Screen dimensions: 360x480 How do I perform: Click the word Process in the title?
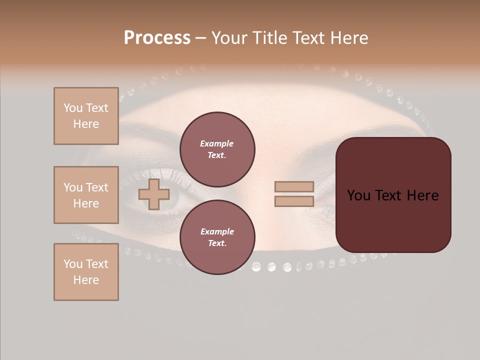[x=157, y=38]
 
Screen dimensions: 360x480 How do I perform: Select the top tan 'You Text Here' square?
[x=86, y=116]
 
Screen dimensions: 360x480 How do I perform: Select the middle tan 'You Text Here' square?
[x=86, y=195]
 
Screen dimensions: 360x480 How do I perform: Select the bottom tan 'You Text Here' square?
[x=86, y=272]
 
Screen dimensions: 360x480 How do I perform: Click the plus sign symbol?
[x=153, y=194]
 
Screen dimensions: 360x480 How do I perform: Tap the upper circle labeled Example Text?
[x=217, y=149]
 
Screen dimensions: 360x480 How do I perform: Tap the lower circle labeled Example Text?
[x=217, y=237]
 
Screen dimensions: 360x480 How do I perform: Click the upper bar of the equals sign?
[x=294, y=186]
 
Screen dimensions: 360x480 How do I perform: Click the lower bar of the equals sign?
[x=294, y=201]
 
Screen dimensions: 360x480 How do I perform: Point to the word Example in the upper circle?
[x=216, y=143]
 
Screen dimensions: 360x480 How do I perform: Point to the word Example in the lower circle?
[x=216, y=231]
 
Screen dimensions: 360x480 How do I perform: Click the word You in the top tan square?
[x=73, y=108]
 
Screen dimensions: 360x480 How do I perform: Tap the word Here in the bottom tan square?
[x=86, y=280]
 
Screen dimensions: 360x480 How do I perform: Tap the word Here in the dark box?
[x=423, y=195]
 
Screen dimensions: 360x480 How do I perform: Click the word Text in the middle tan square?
[x=97, y=187]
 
